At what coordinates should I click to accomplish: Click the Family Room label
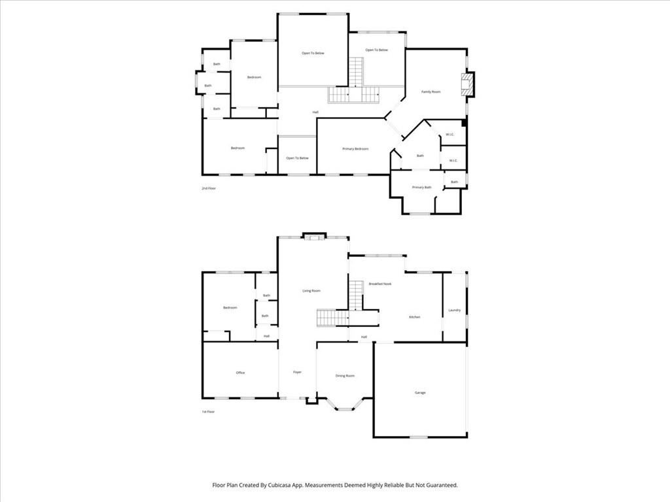point(431,92)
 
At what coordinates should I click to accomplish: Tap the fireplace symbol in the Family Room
point(467,84)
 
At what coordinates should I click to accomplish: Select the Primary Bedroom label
point(355,149)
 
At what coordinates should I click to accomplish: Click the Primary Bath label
point(421,188)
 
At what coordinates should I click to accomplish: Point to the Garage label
point(420,392)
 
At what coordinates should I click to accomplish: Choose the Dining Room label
point(345,375)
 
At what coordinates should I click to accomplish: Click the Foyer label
point(297,372)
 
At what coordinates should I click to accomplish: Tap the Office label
point(240,373)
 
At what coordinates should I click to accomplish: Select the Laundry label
point(454,310)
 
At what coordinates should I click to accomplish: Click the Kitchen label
point(414,317)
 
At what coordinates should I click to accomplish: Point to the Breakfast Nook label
point(379,284)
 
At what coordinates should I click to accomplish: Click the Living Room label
point(311,290)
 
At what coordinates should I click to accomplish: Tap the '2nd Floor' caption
point(209,188)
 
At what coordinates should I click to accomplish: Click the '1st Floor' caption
point(208,412)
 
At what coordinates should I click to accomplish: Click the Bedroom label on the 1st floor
point(230,307)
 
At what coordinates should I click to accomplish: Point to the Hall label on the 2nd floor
point(315,112)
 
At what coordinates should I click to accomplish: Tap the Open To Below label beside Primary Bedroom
point(297,158)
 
